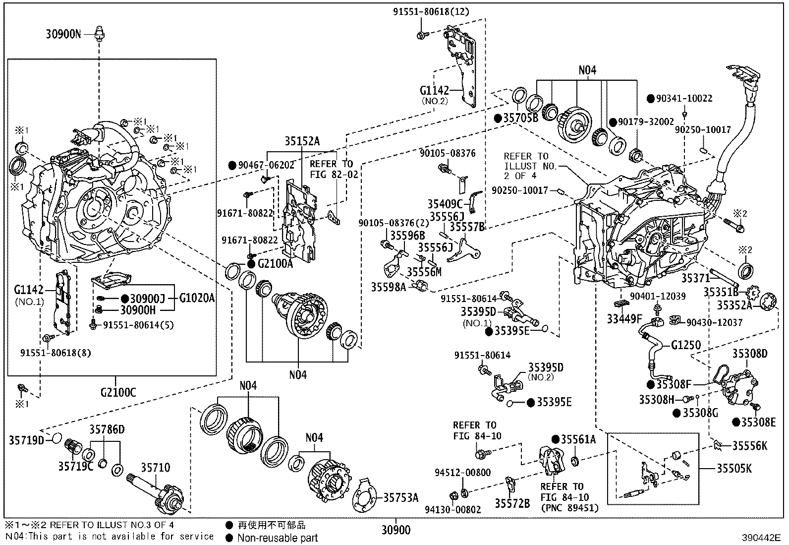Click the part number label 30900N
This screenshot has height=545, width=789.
pyautogui.click(x=63, y=34)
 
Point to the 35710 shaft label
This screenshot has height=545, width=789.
pyautogui.click(x=155, y=468)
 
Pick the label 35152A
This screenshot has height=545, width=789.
pyautogui.click(x=302, y=141)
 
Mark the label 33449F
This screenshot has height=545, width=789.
pyautogui.click(x=624, y=318)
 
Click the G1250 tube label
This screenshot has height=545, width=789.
pyautogui.click(x=686, y=345)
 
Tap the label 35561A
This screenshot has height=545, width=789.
pyautogui.click(x=578, y=439)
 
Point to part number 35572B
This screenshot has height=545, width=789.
pyautogui.click(x=512, y=503)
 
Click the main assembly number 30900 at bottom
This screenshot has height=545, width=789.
pyautogui.click(x=396, y=531)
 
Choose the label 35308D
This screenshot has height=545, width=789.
pyautogui.click(x=750, y=354)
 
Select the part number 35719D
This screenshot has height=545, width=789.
pyautogui.click(x=26, y=440)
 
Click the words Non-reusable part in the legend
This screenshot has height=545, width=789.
pyautogui.click(x=278, y=538)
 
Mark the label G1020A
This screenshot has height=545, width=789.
pyautogui.click(x=197, y=298)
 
